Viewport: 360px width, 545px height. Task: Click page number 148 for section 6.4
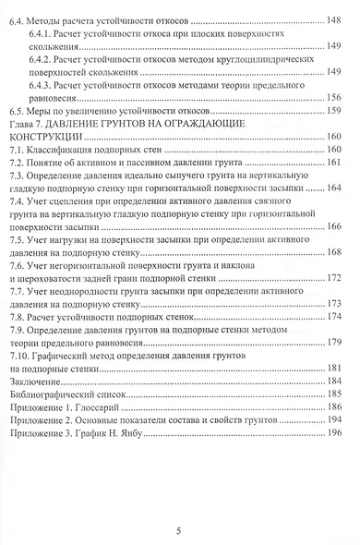click(331, 18)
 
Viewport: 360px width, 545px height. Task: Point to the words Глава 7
click(28, 125)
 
